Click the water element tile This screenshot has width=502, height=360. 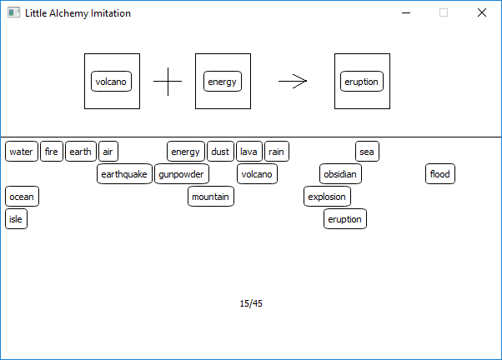click(x=22, y=152)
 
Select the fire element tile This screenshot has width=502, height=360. click(x=52, y=152)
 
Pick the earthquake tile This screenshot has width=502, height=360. click(x=124, y=174)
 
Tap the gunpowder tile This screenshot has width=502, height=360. click(x=182, y=174)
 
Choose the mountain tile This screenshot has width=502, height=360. click(x=211, y=196)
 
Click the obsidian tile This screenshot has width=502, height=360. click(x=340, y=174)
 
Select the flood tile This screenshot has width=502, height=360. click(x=440, y=174)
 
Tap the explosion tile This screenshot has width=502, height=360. click(x=327, y=196)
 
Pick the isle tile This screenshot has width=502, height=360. click(x=16, y=218)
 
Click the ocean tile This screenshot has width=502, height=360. click(x=22, y=196)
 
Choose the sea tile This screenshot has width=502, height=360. click(x=367, y=152)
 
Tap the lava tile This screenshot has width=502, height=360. click(x=249, y=152)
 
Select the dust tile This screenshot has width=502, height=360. click(x=220, y=152)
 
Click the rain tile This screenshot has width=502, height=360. click(x=277, y=152)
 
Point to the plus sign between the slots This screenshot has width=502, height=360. click(x=168, y=82)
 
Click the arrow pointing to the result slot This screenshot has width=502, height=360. click(x=293, y=82)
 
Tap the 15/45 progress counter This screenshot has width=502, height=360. click(x=251, y=303)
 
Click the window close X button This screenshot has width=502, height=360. click(x=482, y=12)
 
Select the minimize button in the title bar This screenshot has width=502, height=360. click(x=406, y=12)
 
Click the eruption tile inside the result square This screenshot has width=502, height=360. click(x=362, y=82)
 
